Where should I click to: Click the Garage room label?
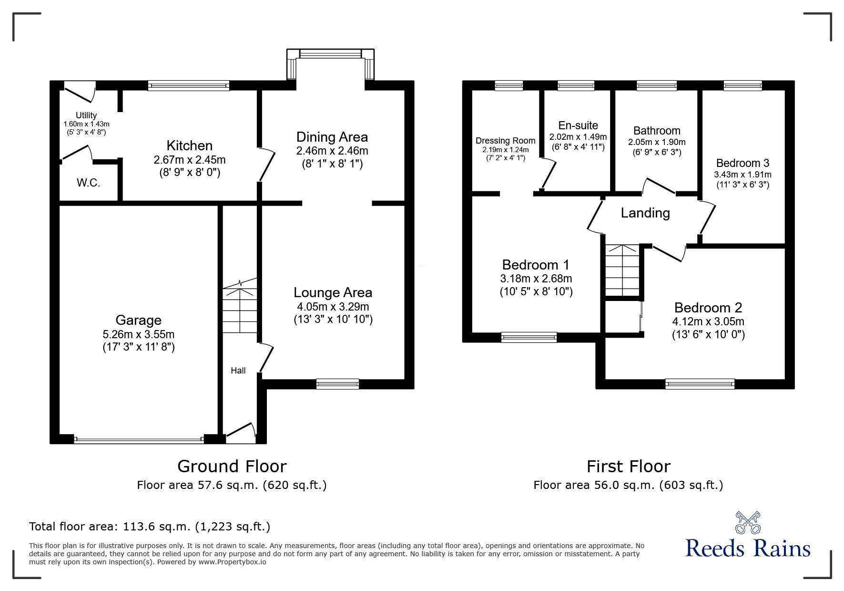[138, 320]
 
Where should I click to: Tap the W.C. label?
[88, 183]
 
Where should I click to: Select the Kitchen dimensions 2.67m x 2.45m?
[190, 159]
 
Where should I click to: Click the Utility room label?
[86, 115]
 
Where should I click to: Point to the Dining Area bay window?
[330, 53]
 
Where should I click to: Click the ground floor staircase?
[240, 308]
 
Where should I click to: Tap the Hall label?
[238, 371]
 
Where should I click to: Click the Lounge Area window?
[337, 384]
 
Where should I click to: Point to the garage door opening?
[139, 440]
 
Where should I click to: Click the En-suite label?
[578, 125]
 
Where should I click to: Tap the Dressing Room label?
[505, 141]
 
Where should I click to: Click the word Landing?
[645, 213]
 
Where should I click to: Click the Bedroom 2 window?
[700, 384]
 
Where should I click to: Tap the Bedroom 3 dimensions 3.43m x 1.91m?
[742, 175]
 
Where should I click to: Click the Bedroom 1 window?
[529, 337]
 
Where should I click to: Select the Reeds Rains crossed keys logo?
[748, 522]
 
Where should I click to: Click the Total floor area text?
[150, 527]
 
